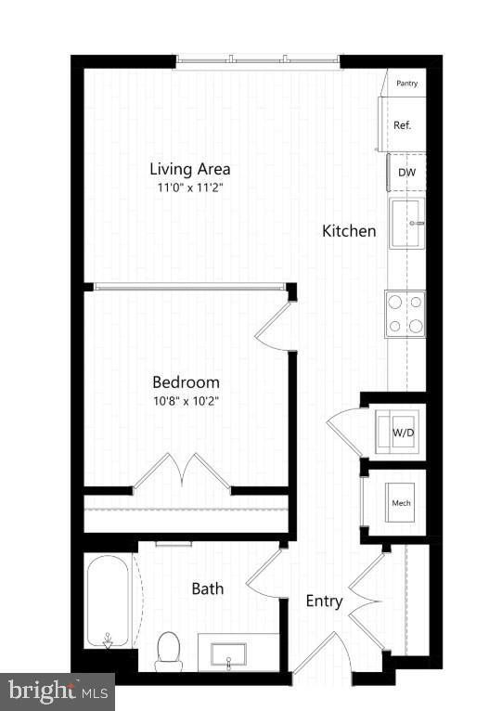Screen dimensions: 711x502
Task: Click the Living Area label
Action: tap(190, 170)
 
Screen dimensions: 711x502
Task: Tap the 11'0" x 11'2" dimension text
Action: tap(190, 187)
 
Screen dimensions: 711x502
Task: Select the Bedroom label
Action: tap(186, 382)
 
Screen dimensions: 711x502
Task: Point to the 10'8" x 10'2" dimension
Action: tap(186, 401)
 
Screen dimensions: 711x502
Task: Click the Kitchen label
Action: tap(349, 231)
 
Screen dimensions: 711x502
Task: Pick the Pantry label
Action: tap(406, 84)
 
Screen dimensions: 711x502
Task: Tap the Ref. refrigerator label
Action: tap(403, 125)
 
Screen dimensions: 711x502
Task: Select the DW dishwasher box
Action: tap(406, 173)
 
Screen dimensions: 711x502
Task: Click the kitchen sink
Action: tap(406, 223)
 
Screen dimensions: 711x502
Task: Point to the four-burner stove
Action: tap(405, 313)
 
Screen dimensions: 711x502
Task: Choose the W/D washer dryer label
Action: tap(402, 433)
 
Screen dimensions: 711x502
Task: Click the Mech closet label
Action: tap(401, 503)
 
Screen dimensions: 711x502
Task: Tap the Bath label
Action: tap(207, 588)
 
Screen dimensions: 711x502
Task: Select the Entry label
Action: tap(324, 601)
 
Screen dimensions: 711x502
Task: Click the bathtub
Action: tap(109, 601)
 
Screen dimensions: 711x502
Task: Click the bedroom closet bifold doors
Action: tap(182, 472)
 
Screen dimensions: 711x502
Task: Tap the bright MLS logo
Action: tap(57, 692)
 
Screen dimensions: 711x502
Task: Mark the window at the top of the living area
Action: tap(259, 61)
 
